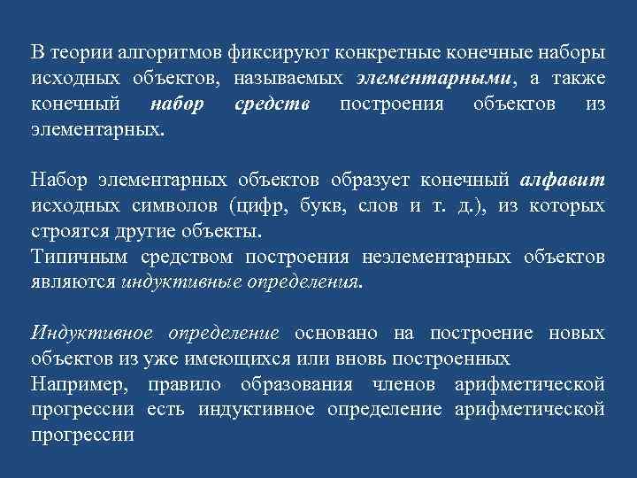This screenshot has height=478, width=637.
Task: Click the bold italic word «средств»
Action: click(272, 104)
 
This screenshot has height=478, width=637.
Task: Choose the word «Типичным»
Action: click(72, 258)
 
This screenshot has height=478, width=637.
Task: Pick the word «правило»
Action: click(188, 385)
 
